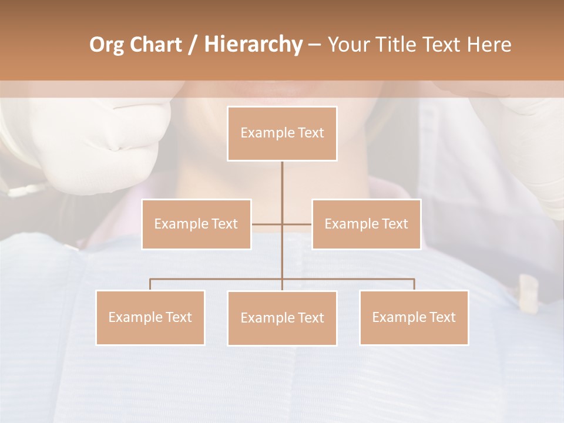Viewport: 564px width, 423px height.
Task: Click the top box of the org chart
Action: tap(282, 133)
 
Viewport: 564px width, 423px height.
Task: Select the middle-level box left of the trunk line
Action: tap(196, 224)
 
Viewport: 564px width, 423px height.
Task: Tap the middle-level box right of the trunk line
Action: tap(366, 224)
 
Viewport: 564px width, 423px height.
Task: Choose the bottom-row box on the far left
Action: tap(150, 317)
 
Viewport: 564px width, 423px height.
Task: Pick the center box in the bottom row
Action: tap(282, 318)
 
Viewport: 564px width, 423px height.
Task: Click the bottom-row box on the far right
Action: tap(414, 317)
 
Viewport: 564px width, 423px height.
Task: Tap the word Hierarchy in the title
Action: tap(253, 45)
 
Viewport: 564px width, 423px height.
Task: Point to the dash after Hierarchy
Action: tap(314, 45)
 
